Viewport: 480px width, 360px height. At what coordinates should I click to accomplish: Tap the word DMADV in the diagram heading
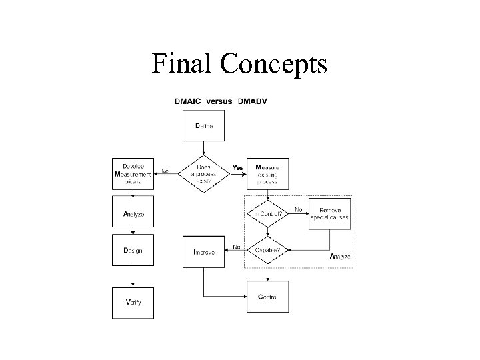257,101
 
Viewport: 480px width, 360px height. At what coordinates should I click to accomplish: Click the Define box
203,126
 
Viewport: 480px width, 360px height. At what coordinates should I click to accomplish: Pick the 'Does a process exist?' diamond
203,172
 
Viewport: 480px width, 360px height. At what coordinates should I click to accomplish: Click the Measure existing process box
268,172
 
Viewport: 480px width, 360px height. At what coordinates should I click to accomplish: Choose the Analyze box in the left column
133,215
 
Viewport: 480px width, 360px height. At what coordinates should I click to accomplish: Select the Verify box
133,301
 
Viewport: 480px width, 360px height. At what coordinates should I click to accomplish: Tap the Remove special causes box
330,213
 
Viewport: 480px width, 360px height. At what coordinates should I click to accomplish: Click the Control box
268,297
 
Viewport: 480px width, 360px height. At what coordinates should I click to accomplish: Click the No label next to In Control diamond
298,209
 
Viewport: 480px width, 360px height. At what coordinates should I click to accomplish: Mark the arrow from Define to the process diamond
203,148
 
